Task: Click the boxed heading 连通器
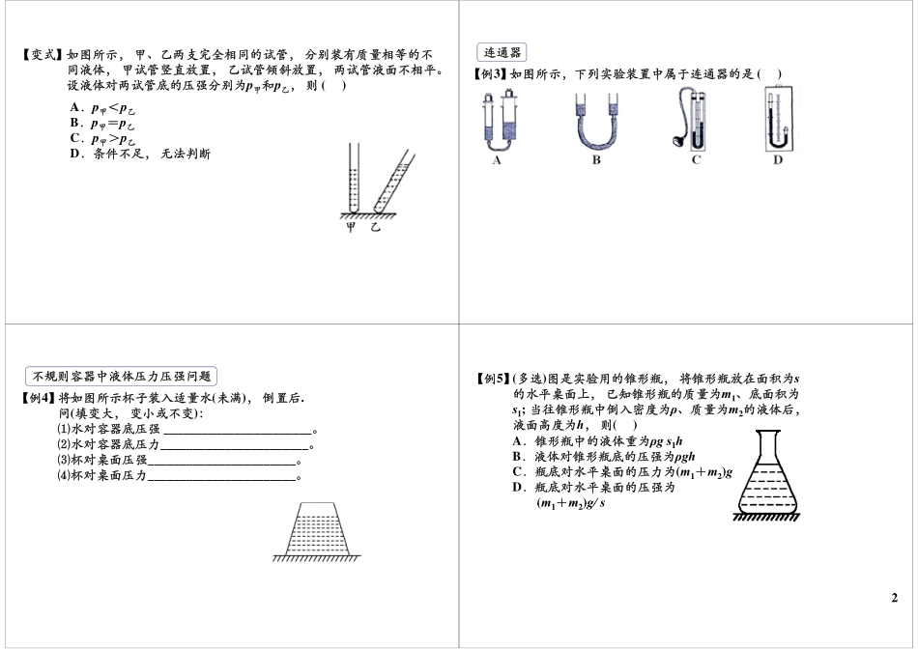point(502,53)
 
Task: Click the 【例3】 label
point(490,74)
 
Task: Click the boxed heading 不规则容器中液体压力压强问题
point(120,377)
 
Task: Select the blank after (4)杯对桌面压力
point(221,476)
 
